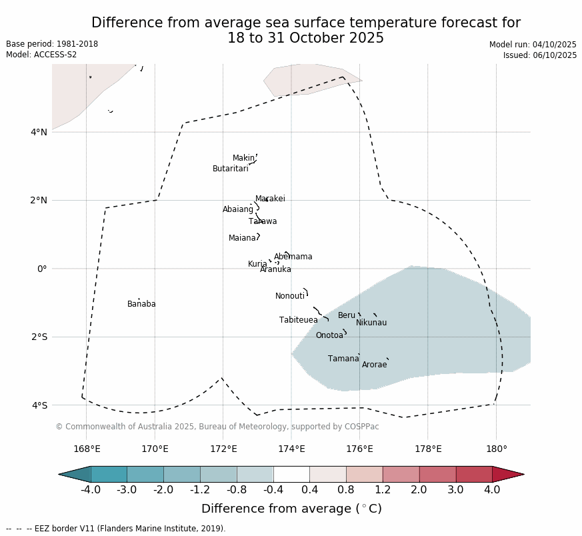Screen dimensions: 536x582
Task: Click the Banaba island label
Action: coord(141,304)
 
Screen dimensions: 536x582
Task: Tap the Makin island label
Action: coord(243,158)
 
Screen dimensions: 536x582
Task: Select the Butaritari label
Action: coord(231,169)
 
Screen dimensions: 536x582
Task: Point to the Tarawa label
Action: coord(263,221)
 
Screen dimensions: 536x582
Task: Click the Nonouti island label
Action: coord(290,296)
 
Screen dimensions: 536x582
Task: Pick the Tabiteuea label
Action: coord(299,320)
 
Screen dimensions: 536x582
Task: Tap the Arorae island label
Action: coord(374,365)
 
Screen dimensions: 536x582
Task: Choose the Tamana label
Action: coord(343,359)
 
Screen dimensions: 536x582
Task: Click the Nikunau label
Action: coord(371,323)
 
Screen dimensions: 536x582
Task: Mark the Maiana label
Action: coord(243,238)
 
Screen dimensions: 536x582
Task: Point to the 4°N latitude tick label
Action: coord(39,132)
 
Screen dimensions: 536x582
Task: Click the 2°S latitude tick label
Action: coord(39,337)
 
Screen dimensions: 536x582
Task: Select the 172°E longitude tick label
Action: coord(223,449)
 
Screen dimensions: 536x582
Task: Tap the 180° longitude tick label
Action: coord(496,449)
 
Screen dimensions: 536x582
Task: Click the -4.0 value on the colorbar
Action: coord(91,490)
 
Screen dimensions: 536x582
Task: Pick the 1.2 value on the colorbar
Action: coord(383,490)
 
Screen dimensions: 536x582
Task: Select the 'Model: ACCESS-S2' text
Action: coord(41,55)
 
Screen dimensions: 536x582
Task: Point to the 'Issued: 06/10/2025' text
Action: coord(540,55)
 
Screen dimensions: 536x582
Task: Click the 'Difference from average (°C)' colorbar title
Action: coord(291,509)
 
